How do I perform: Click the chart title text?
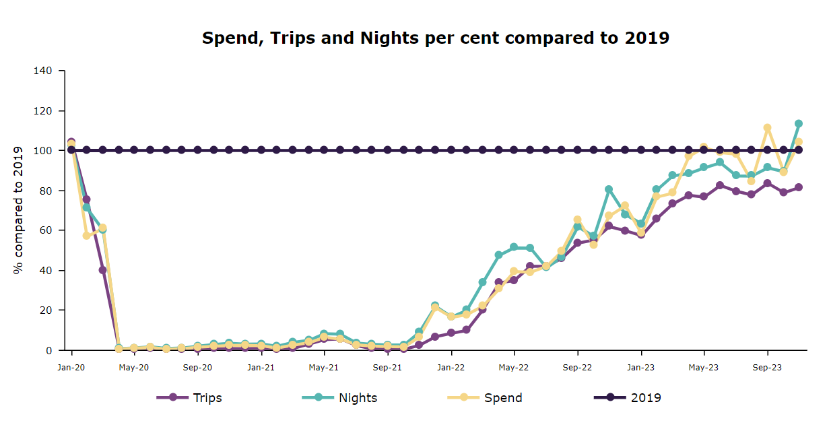coord(436,38)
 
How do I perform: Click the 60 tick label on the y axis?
coord(50,230)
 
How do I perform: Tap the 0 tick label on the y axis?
coord(53,350)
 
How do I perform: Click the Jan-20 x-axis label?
coord(71,368)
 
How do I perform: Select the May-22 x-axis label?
coord(514,368)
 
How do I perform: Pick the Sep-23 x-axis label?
coord(767,368)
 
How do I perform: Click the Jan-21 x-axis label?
coord(261,368)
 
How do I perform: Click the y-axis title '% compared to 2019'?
coord(18,210)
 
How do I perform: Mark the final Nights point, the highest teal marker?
coord(799,124)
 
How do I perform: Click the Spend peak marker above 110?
coord(767,128)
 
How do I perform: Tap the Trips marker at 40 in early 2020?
coord(102,270)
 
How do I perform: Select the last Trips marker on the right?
coord(799,187)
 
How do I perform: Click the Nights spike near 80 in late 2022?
coord(609,190)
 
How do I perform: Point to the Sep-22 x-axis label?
coord(577,368)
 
